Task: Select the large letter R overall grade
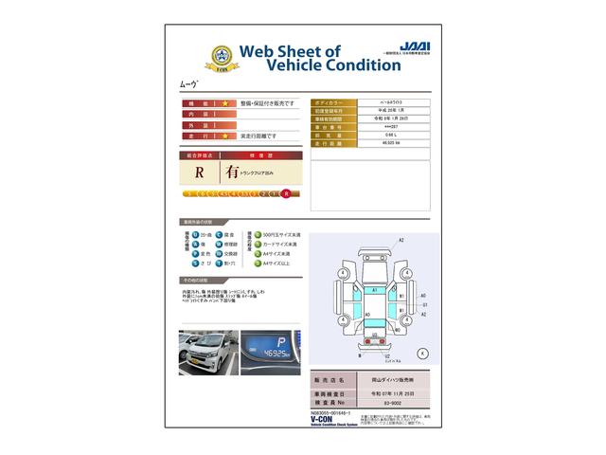(200, 173)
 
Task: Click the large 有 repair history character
(232, 173)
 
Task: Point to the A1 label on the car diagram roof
(374, 288)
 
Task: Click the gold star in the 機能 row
(224, 100)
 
